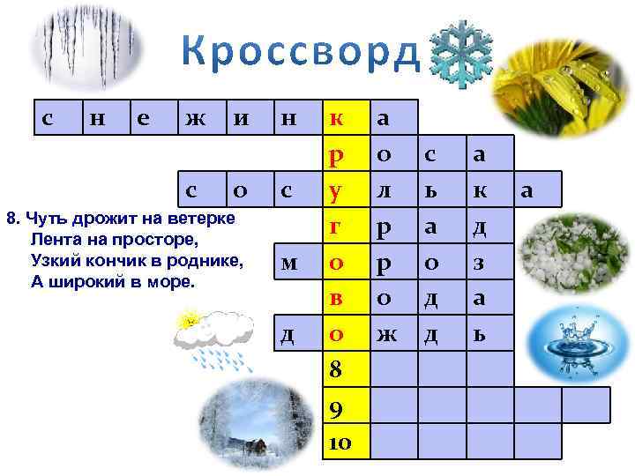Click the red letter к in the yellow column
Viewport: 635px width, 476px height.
337,118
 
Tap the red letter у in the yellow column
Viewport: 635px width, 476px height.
336,191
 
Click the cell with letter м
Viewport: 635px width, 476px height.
289,263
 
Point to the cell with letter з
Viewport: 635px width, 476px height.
480,263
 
